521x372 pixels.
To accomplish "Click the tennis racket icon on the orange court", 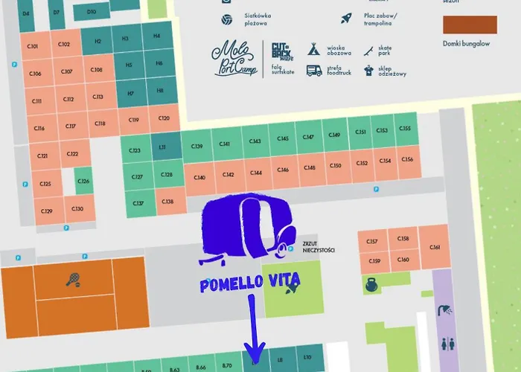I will [x=73, y=280].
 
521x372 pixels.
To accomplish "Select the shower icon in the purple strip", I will [x=445, y=310].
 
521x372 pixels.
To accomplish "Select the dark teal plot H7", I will [x=130, y=94].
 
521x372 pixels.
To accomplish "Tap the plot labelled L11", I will [x=162, y=147].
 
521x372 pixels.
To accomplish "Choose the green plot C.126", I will [x=83, y=181].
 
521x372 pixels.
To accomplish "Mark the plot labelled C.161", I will [x=435, y=248].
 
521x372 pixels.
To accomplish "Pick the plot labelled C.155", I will [x=405, y=129].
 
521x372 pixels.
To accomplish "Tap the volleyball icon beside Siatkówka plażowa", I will [x=226, y=20].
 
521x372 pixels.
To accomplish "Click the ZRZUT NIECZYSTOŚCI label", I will [x=319, y=248].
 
